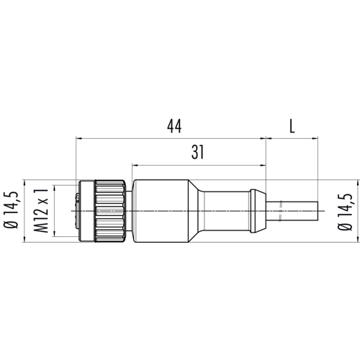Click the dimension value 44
174,126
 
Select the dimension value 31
197,152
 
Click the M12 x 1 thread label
41,210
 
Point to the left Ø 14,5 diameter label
11,210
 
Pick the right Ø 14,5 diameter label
345,212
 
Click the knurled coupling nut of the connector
110,211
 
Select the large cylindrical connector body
161,211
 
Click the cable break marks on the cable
281,211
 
